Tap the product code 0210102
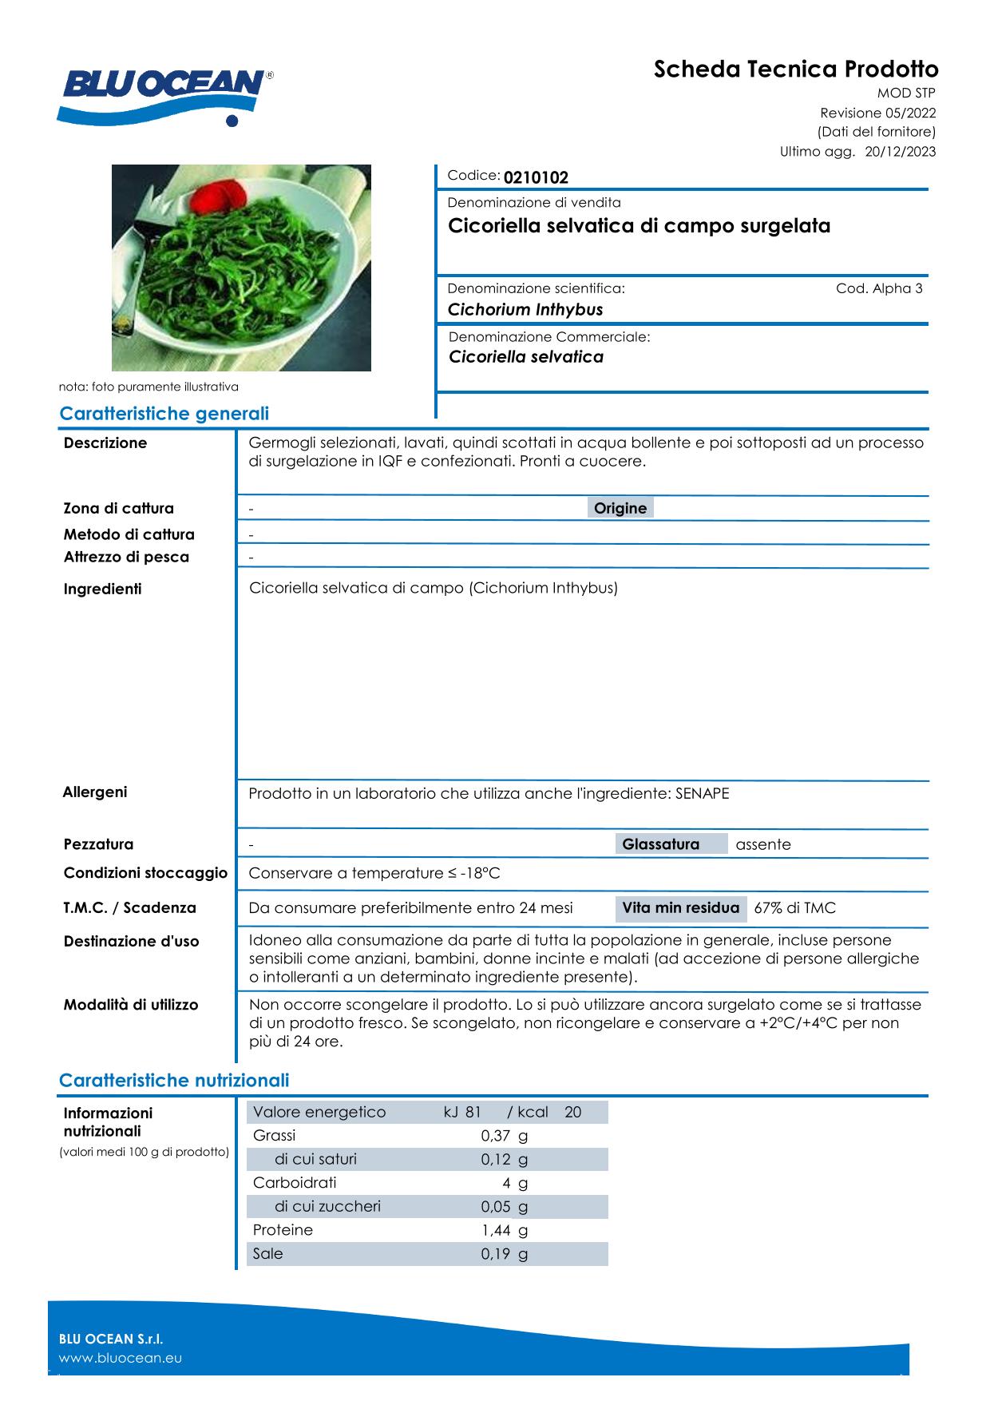(536, 177)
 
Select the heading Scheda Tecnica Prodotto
(796, 69)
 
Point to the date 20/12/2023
(901, 152)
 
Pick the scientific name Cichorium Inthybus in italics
(525, 310)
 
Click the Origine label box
(620, 508)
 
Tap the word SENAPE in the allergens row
(702, 793)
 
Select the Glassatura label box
(660, 844)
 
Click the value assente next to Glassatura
(763, 844)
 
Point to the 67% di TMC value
(794, 908)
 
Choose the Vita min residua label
(680, 908)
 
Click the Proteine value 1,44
(495, 1230)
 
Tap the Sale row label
(268, 1253)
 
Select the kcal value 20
(572, 1112)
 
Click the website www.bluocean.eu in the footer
(121, 1358)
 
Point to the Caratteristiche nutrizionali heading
(174, 1081)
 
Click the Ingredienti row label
(102, 589)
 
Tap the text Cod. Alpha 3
(878, 288)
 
